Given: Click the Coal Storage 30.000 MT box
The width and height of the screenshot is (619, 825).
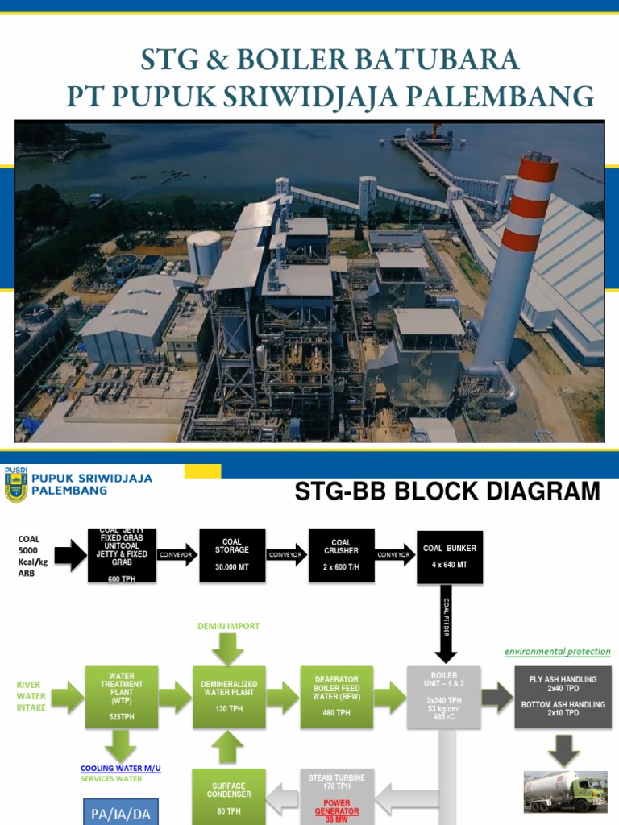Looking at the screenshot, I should click(x=232, y=555).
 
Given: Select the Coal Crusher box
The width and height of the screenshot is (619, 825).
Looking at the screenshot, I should click(x=341, y=555).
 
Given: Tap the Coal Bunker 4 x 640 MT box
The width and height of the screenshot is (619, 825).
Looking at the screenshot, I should click(x=450, y=556).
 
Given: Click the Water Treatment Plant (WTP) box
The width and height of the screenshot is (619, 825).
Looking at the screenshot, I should click(x=121, y=697).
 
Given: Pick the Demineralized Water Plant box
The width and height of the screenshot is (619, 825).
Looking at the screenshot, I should click(x=229, y=697).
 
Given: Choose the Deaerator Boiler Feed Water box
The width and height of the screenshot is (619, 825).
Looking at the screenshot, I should click(x=336, y=697).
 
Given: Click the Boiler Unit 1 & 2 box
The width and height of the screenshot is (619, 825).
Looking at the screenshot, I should click(x=444, y=697).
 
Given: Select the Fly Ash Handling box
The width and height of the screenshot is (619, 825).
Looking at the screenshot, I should click(x=563, y=697).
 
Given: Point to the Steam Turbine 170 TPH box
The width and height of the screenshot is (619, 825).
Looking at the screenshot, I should click(x=337, y=794).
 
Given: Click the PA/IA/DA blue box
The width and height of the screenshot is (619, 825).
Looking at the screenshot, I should click(x=117, y=812).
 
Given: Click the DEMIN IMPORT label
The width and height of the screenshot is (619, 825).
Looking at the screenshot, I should click(x=229, y=626).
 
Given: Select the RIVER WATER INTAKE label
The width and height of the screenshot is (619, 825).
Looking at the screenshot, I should click(x=31, y=696).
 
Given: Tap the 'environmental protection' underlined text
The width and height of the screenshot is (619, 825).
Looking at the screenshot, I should click(x=557, y=651).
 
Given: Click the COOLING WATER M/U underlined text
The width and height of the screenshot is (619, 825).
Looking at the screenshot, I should click(x=121, y=769).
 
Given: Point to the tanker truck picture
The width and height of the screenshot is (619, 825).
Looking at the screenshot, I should click(x=564, y=791).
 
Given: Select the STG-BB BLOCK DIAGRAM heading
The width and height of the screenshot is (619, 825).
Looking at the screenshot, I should click(x=447, y=491).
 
